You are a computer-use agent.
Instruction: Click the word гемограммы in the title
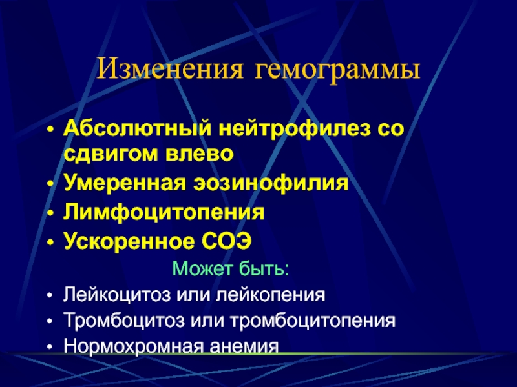pos(337,70)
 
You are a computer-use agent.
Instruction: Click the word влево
pos(200,154)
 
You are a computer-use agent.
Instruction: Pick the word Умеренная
pos(125,183)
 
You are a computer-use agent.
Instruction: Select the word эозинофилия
pos(271,183)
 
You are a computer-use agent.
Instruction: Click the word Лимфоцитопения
pos(164,212)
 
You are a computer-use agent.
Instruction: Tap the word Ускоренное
pos(129,241)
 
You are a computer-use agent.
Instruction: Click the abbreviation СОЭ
pos(227,241)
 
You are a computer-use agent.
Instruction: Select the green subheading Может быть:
pos(231,268)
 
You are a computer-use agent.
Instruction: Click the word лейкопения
pos(270,294)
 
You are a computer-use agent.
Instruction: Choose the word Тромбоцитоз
pos(123,320)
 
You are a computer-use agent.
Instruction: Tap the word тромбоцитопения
pos(313,321)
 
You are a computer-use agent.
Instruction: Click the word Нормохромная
pos(133,346)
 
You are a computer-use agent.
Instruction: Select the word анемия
pos(244,346)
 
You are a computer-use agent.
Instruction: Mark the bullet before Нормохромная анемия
pos(50,347)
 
